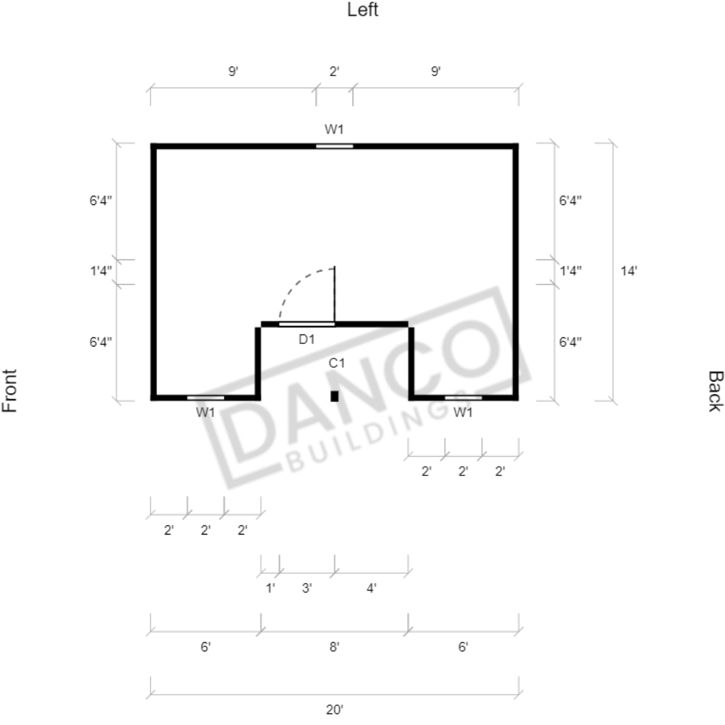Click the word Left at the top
(363, 10)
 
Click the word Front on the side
(10, 390)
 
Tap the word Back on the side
(715, 391)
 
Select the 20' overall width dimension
(334, 709)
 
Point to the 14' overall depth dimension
(628, 270)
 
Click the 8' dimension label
(334, 647)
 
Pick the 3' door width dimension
(307, 588)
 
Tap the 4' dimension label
(371, 588)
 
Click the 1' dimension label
(270, 588)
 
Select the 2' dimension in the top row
(334, 72)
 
